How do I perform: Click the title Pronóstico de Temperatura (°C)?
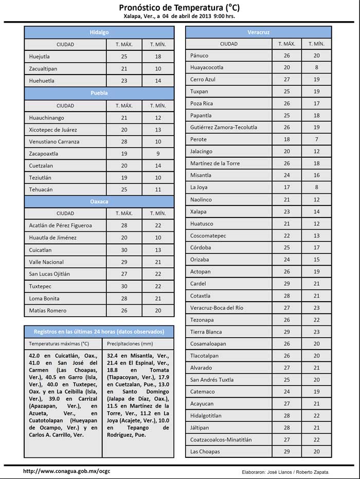click(179, 7)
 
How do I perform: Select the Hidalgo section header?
click(99, 32)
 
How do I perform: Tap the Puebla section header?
click(99, 94)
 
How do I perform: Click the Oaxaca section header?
click(99, 201)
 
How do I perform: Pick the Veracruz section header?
click(258, 32)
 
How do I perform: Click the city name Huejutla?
click(40, 57)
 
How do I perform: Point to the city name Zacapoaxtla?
click(44, 154)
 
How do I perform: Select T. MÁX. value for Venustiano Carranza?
click(124, 142)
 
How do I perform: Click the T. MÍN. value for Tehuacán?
click(158, 190)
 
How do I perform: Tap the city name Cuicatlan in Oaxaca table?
click(41, 250)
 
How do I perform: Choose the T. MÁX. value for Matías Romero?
click(124, 310)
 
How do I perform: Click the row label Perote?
click(199, 139)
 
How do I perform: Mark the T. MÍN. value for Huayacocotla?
click(317, 67)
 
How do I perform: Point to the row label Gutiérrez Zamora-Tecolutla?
click(224, 127)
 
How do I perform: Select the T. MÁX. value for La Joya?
click(287, 188)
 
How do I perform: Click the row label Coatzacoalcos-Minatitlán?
click(221, 440)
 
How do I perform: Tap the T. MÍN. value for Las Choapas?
click(317, 452)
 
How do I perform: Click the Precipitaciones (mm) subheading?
click(130, 343)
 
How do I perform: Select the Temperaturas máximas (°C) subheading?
click(59, 343)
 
